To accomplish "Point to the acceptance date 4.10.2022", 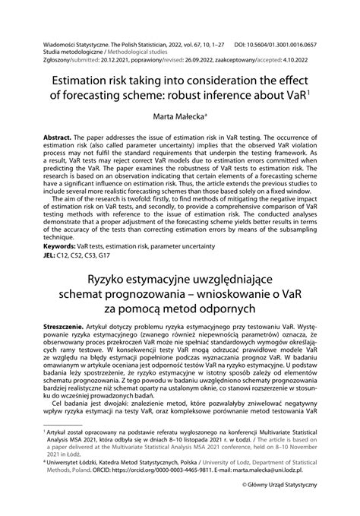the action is [309, 53].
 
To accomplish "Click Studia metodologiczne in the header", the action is [73, 44].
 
